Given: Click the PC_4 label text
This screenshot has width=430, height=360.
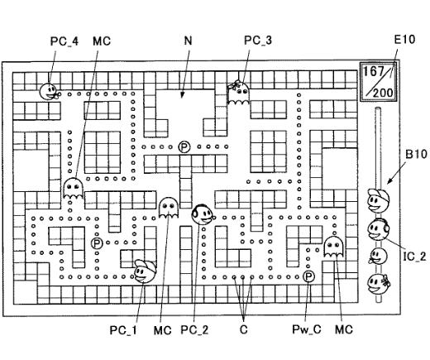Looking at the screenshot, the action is click(x=64, y=41).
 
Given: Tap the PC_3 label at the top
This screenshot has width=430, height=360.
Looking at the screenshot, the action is click(x=258, y=41).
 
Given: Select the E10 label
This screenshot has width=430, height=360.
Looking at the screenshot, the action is click(x=404, y=40).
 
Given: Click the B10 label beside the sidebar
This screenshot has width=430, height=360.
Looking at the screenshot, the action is click(x=416, y=154).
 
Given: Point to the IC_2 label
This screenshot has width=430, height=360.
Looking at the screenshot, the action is click(x=414, y=257).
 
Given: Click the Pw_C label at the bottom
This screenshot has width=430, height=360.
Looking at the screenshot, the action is click(x=307, y=329).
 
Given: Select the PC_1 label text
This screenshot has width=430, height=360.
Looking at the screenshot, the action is click(x=123, y=330).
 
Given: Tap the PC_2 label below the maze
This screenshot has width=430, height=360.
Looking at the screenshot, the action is click(x=194, y=329).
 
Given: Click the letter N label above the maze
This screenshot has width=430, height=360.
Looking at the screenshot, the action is click(x=188, y=41).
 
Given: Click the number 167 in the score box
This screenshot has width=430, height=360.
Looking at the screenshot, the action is click(x=373, y=71).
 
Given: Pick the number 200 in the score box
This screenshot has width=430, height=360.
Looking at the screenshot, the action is click(x=383, y=93).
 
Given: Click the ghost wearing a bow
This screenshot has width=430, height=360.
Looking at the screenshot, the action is click(x=238, y=93).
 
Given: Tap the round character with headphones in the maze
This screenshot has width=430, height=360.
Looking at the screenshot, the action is click(x=203, y=214).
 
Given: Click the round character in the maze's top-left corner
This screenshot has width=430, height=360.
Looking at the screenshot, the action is click(x=49, y=91).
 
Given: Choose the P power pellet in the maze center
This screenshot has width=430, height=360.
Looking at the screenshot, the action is click(x=184, y=147).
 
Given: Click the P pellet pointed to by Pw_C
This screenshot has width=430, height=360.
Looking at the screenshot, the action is click(x=308, y=276).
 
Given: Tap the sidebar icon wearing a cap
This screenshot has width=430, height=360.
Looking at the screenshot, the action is click(x=378, y=200).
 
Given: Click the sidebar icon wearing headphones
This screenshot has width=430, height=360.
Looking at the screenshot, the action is click(x=378, y=229).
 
